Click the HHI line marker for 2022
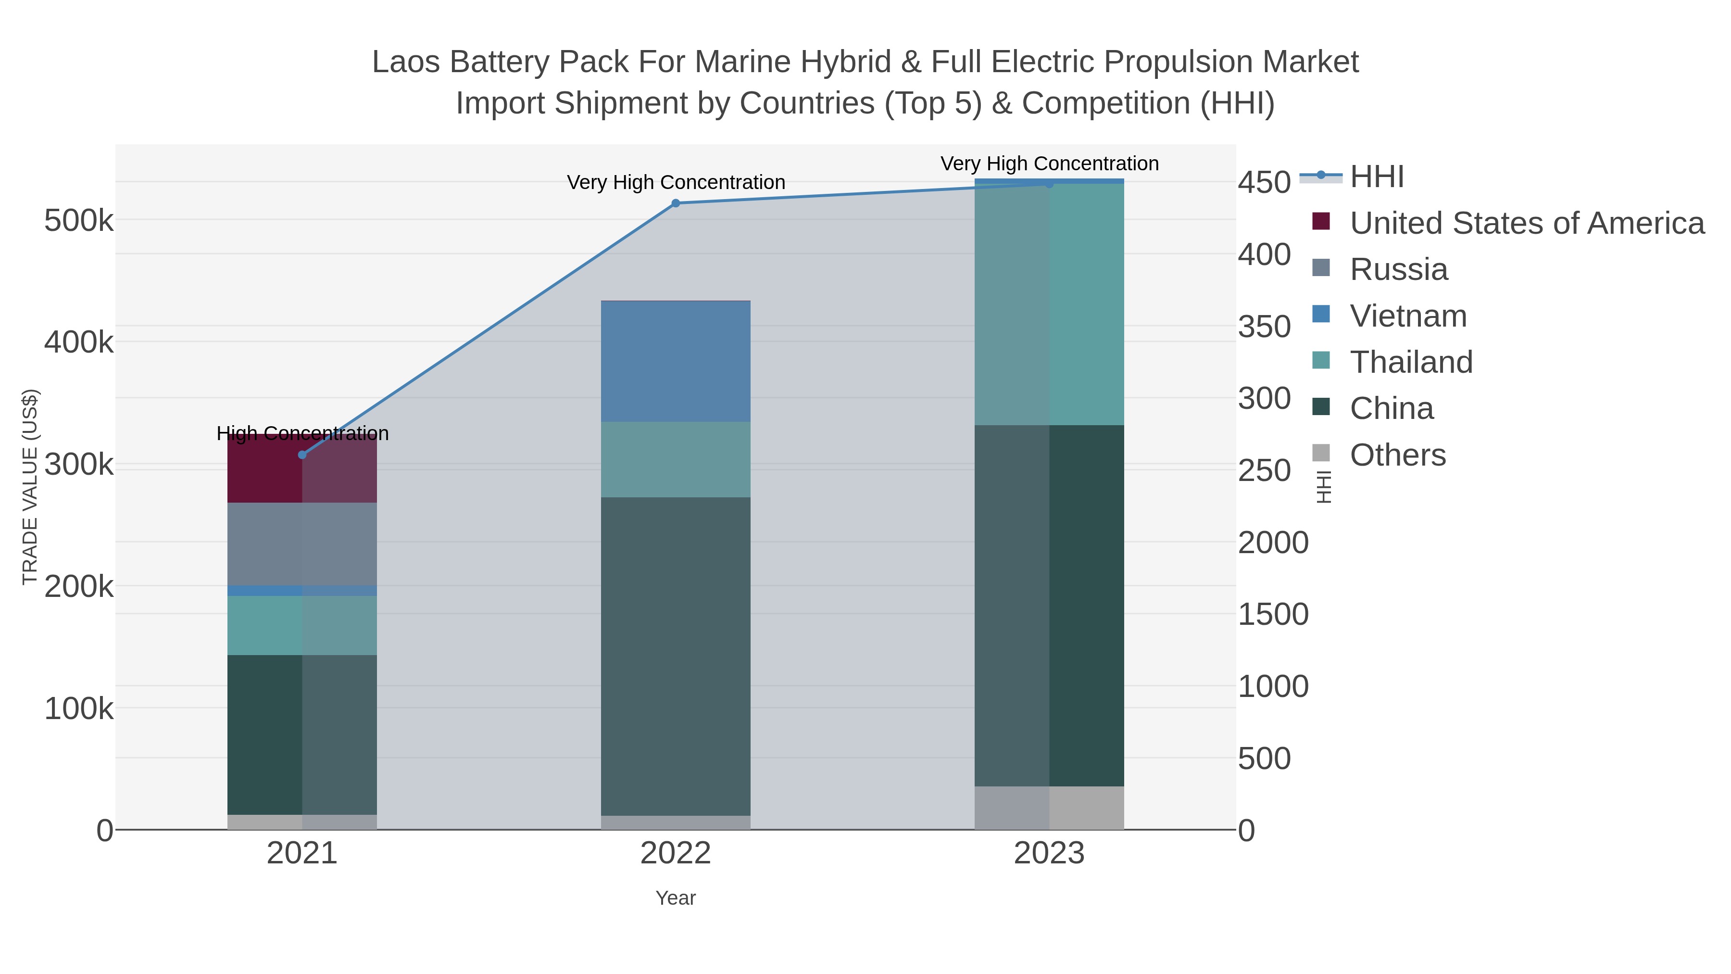[x=676, y=203]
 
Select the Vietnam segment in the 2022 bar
[x=676, y=362]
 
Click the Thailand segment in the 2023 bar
[x=1049, y=304]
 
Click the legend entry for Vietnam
[x=1408, y=316]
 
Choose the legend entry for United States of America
[x=1525, y=223]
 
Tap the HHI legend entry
[x=1376, y=177]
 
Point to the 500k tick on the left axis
[x=79, y=220]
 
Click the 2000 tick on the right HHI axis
[x=1273, y=543]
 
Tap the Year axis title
[x=676, y=898]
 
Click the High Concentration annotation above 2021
[x=302, y=433]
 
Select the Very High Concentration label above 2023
[x=1049, y=164]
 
